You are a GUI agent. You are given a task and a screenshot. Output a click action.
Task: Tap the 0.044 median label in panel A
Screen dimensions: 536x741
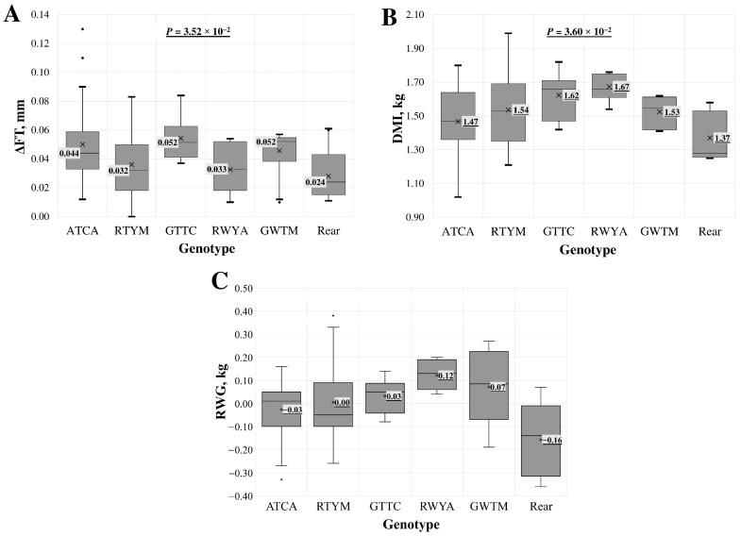coord(69,153)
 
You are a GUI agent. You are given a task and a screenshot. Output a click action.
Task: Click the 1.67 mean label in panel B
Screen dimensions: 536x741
coord(621,87)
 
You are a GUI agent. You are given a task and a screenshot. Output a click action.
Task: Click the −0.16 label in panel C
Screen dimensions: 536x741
coord(551,440)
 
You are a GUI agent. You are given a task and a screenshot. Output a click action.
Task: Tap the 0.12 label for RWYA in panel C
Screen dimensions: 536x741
coord(446,376)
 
